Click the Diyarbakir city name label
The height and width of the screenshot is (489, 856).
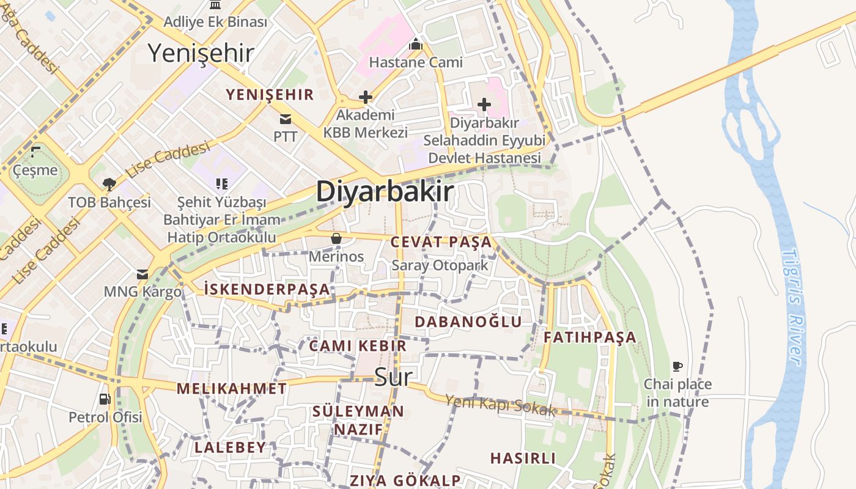tap(385, 191)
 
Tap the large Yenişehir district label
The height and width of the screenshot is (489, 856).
tap(201, 53)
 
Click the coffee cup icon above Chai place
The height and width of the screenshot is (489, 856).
tap(677, 367)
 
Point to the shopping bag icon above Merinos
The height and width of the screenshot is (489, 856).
tap(336, 238)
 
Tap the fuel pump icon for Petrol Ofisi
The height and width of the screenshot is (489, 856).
tap(105, 399)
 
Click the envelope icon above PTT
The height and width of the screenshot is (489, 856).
tap(285, 119)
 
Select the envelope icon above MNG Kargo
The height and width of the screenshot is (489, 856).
tap(142, 274)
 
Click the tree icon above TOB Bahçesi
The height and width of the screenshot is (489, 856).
tap(109, 184)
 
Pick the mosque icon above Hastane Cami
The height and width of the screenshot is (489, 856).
tap(416, 44)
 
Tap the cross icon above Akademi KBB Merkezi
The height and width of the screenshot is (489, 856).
tap(365, 97)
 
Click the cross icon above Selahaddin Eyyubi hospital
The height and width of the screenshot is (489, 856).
tap(484, 105)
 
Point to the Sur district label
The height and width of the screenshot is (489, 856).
tap(393, 376)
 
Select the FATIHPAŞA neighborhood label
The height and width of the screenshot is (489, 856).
tap(589, 337)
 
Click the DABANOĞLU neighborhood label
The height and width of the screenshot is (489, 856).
tap(468, 322)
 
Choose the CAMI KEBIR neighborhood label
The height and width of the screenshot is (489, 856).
tap(358, 345)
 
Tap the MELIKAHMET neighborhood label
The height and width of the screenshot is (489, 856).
tap(231, 388)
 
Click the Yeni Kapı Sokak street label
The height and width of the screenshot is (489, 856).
tap(500, 405)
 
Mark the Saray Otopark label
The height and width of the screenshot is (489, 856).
tap(440, 265)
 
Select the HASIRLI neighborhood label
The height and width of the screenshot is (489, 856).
tap(523, 458)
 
